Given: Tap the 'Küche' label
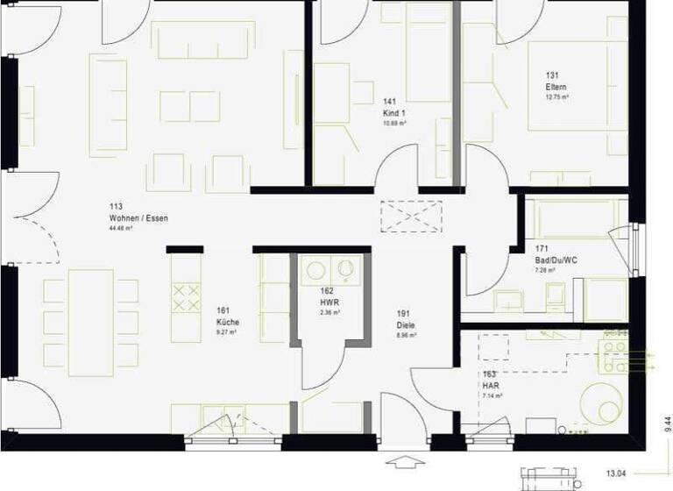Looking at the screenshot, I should (228, 322).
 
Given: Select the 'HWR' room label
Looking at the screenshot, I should (329, 301).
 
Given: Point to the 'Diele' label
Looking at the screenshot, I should (406, 324).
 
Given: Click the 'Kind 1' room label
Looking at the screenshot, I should (394, 113).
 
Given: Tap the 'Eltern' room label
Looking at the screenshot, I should (556, 87).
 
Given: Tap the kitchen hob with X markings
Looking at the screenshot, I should (186, 297).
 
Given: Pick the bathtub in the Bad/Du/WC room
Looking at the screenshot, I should (572, 219).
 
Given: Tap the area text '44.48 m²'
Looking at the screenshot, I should (120, 228).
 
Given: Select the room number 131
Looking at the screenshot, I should (552, 75).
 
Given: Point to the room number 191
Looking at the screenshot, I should (403, 312).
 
